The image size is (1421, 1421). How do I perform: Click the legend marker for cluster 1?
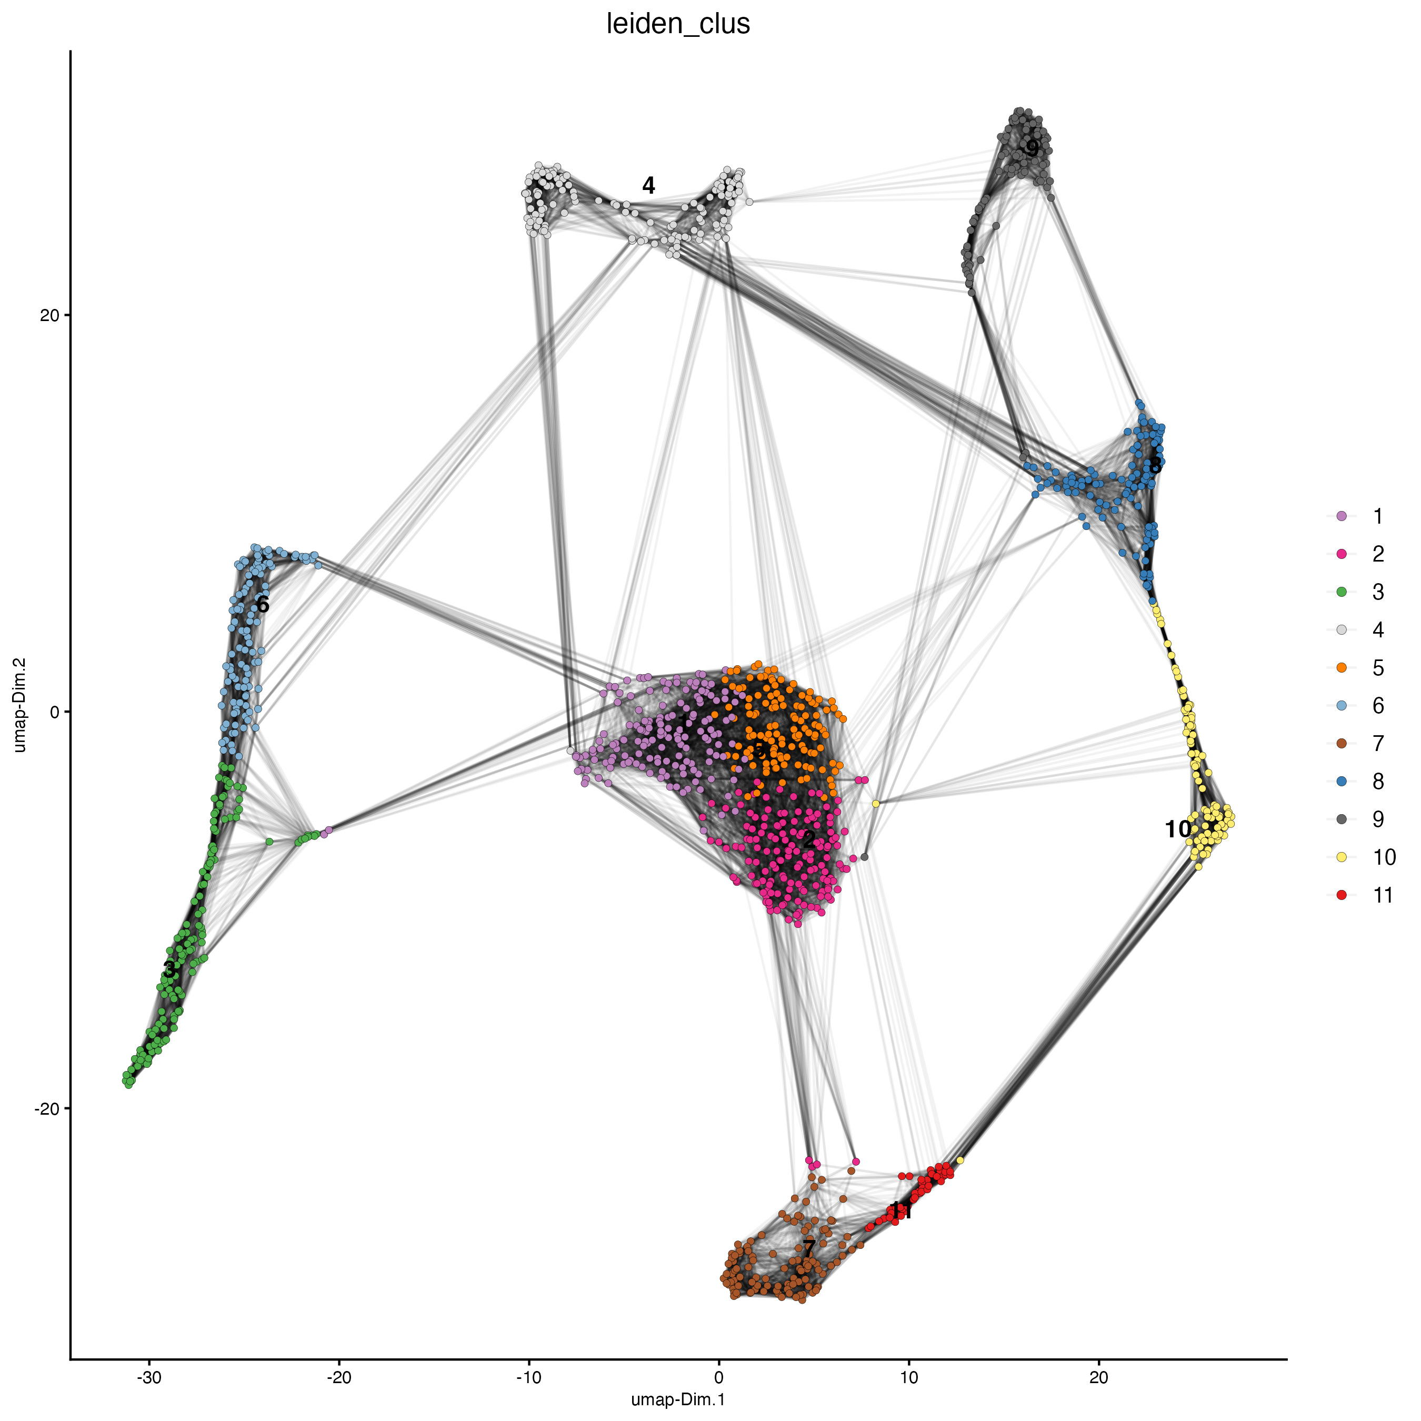click(1342, 516)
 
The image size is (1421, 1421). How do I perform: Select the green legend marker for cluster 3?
click(1342, 592)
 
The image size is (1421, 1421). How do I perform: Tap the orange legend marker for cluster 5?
click(1342, 668)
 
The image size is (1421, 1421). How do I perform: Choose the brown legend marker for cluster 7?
click(1342, 744)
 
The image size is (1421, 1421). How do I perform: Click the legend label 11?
click(1383, 895)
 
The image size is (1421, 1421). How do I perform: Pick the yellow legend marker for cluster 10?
click(1342, 857)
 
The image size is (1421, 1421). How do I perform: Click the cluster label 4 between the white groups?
click(648, 185)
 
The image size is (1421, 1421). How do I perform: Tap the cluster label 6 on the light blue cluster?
click(263, 605)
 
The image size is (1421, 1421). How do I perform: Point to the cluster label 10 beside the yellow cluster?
click(1177, 829)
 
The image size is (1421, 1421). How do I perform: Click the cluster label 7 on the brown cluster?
click(808, 1248)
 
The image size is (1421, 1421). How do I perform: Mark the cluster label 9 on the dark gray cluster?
click(1032, 148)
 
